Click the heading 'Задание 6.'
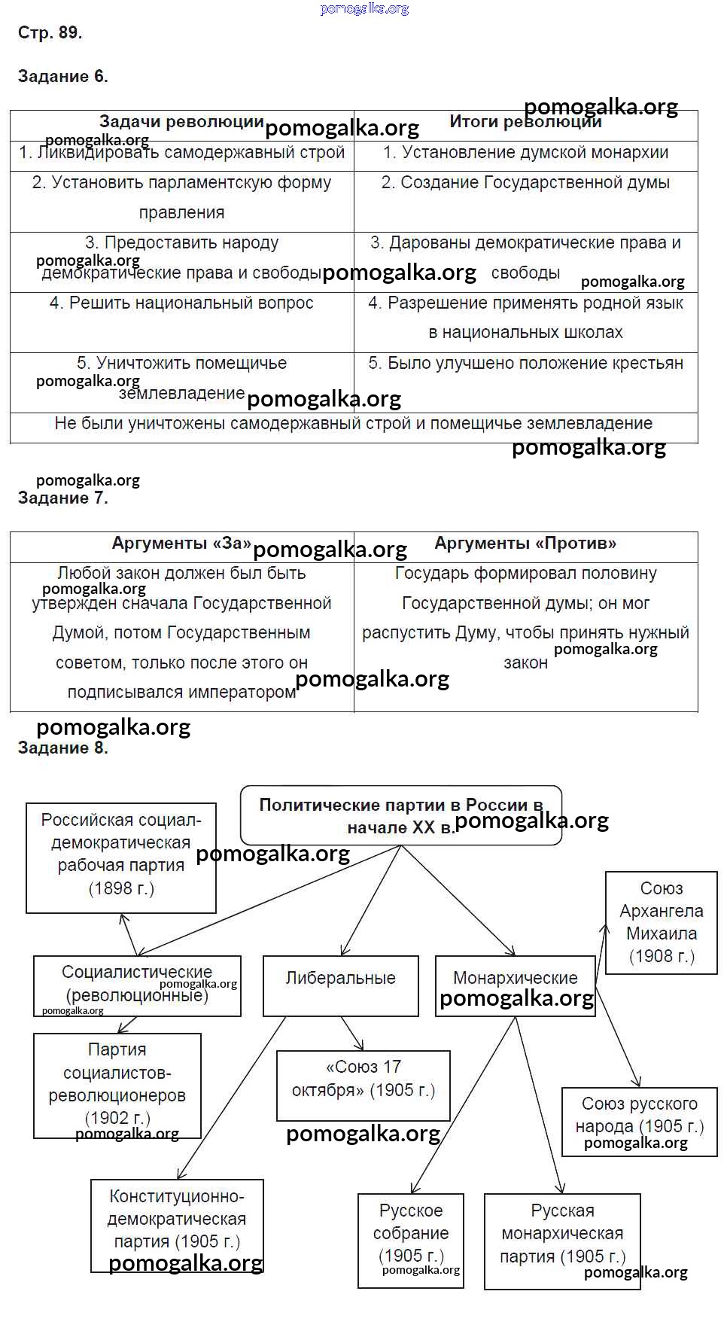pos(62,76)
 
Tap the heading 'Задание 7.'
pos(62,498)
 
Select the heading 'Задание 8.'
pos(62,748)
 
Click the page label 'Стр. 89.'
pos(50,32)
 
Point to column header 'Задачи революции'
pos(181,122)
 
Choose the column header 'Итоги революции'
pos(525,122)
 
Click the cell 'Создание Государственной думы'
pos(525,183)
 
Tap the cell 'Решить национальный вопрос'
pos(181,303)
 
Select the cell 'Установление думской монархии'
pos(525,153)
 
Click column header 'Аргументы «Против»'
pos(525,544)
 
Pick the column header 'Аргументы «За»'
pos(181,544)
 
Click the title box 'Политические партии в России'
pos(401,816)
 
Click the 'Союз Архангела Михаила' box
pos(662,922)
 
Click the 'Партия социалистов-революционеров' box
pos(117,1084)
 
